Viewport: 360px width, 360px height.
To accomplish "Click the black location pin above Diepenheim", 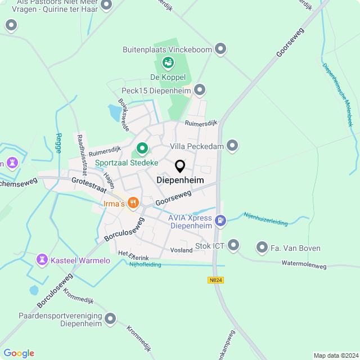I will coord(180,166).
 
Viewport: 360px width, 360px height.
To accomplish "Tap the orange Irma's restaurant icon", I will coord(133,202).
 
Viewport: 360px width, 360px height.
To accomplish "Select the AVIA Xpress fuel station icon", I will coord(221,220).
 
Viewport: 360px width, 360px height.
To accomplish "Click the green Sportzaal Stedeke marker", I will coord(142,149).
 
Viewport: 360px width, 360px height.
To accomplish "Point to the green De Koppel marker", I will coord(168,62).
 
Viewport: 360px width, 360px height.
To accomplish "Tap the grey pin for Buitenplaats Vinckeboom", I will coord(221,49).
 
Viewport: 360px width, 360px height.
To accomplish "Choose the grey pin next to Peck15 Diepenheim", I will coord(199,90).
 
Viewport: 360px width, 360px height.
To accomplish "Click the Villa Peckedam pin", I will coord(232,146).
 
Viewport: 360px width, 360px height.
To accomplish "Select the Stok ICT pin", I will coord(233,246).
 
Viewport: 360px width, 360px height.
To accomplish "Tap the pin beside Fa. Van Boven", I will coord(262,247).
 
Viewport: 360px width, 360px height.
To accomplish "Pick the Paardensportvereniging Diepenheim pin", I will coord(110,319).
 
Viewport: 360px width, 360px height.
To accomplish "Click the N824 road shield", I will coord(215,280).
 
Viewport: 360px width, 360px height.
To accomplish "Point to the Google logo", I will coord(19,353).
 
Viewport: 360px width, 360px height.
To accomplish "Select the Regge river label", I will coord(58,143).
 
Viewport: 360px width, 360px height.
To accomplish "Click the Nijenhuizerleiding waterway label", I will coord(265,219).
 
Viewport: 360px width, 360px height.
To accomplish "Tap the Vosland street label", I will coord(181,250).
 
